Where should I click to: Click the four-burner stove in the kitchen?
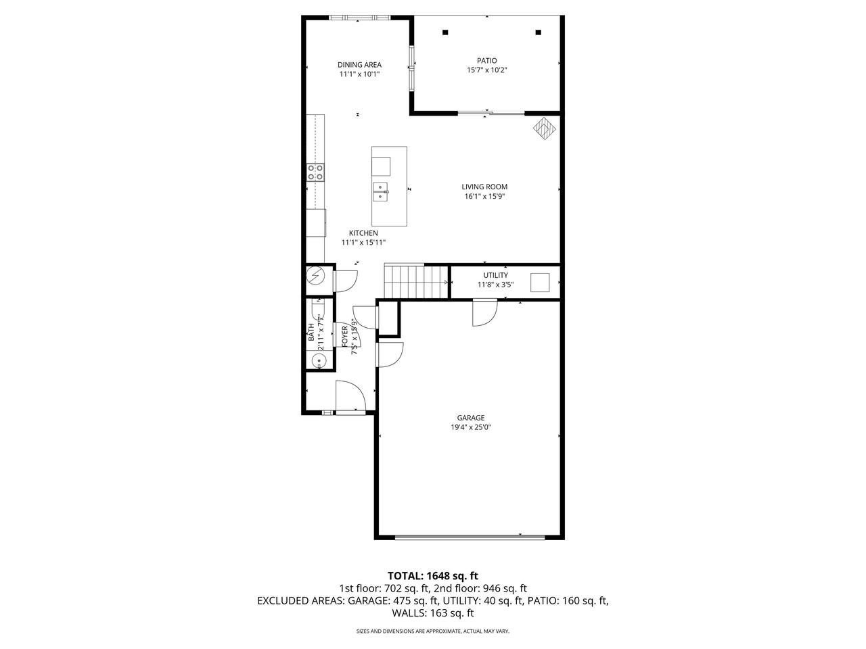tap(315, 172)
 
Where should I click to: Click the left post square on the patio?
tap(445, 32)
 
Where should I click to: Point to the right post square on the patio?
tap(539, 32)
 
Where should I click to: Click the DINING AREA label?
tap(359, 65)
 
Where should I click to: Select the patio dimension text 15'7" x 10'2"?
tap(486, 70)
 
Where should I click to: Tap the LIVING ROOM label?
tap(484, 187)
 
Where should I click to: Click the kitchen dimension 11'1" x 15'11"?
tap(363, 242)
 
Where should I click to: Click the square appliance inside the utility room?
tap(540, 283)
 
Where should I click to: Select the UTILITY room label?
tap(495, 275)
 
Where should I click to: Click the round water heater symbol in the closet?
tap(316, 276)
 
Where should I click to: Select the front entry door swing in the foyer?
tap(350, 396)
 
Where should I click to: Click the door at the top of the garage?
tap(484, 312)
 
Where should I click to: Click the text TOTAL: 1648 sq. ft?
tap(432, 576)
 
